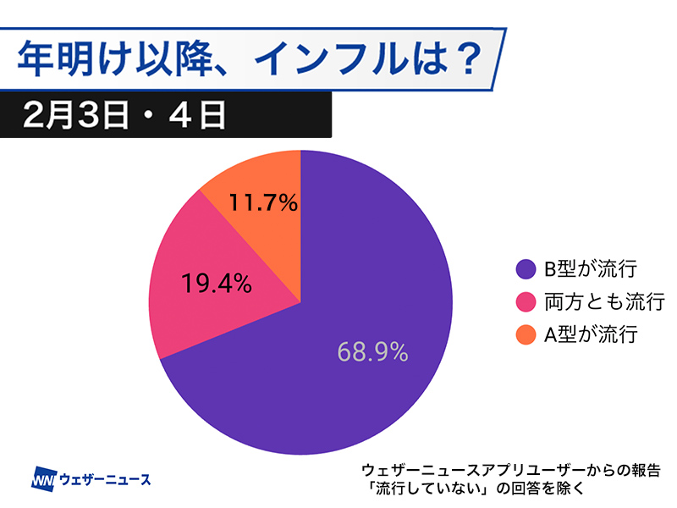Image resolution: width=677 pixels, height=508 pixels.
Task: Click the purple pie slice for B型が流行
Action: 372,279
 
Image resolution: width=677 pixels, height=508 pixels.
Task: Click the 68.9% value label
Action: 372,351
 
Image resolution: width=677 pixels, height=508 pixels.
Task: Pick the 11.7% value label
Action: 263,202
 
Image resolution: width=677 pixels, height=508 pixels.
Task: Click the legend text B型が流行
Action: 588,269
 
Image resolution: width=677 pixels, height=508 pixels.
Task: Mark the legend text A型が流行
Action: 588,334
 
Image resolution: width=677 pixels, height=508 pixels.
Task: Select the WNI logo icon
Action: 43,479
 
